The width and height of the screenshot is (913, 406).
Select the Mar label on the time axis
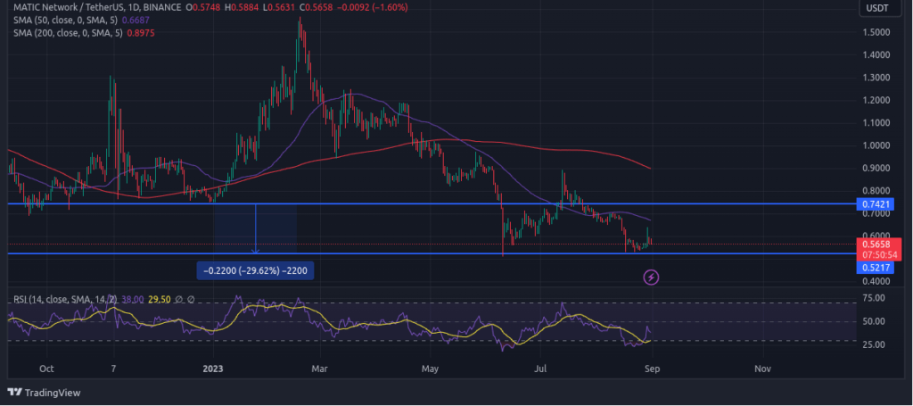[323, 368]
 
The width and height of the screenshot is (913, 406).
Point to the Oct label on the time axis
[47, 368]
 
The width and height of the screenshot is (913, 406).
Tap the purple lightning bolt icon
[652, 277]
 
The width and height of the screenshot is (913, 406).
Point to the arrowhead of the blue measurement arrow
[257, 252]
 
